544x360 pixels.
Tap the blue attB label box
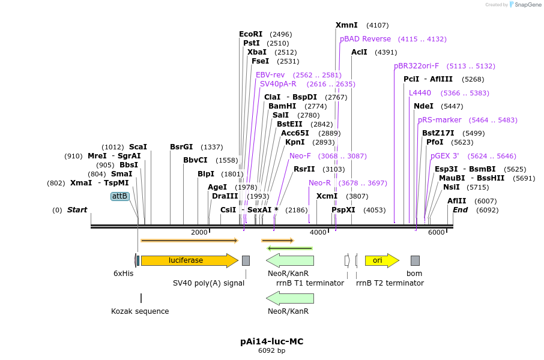click(x=120, y=196)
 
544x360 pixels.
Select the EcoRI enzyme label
click(x=251, y=34)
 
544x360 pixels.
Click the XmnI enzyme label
click(x=346, y=25)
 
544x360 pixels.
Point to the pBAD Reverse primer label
click(x=365, y=39)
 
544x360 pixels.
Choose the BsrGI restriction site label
click(x=181, y=147)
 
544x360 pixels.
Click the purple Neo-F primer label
click(x=300, y=156)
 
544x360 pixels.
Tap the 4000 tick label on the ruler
click(x=318, y=233)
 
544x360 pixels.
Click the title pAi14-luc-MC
click(x=271, y=341)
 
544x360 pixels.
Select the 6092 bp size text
click(x=271, y=350)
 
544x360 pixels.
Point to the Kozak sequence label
click(x=140, y=311)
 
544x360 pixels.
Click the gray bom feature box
click(x=415, y=260)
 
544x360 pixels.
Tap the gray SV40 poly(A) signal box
click(x=246, y=260)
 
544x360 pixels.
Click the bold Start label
click(x=77, y=210)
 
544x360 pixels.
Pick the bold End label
click(x=460, y=210)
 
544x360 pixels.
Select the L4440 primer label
click(x=420, y=93)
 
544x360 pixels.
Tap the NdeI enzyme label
click(x=423, y=106)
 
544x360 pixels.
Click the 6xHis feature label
click(x=123, y=273)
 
